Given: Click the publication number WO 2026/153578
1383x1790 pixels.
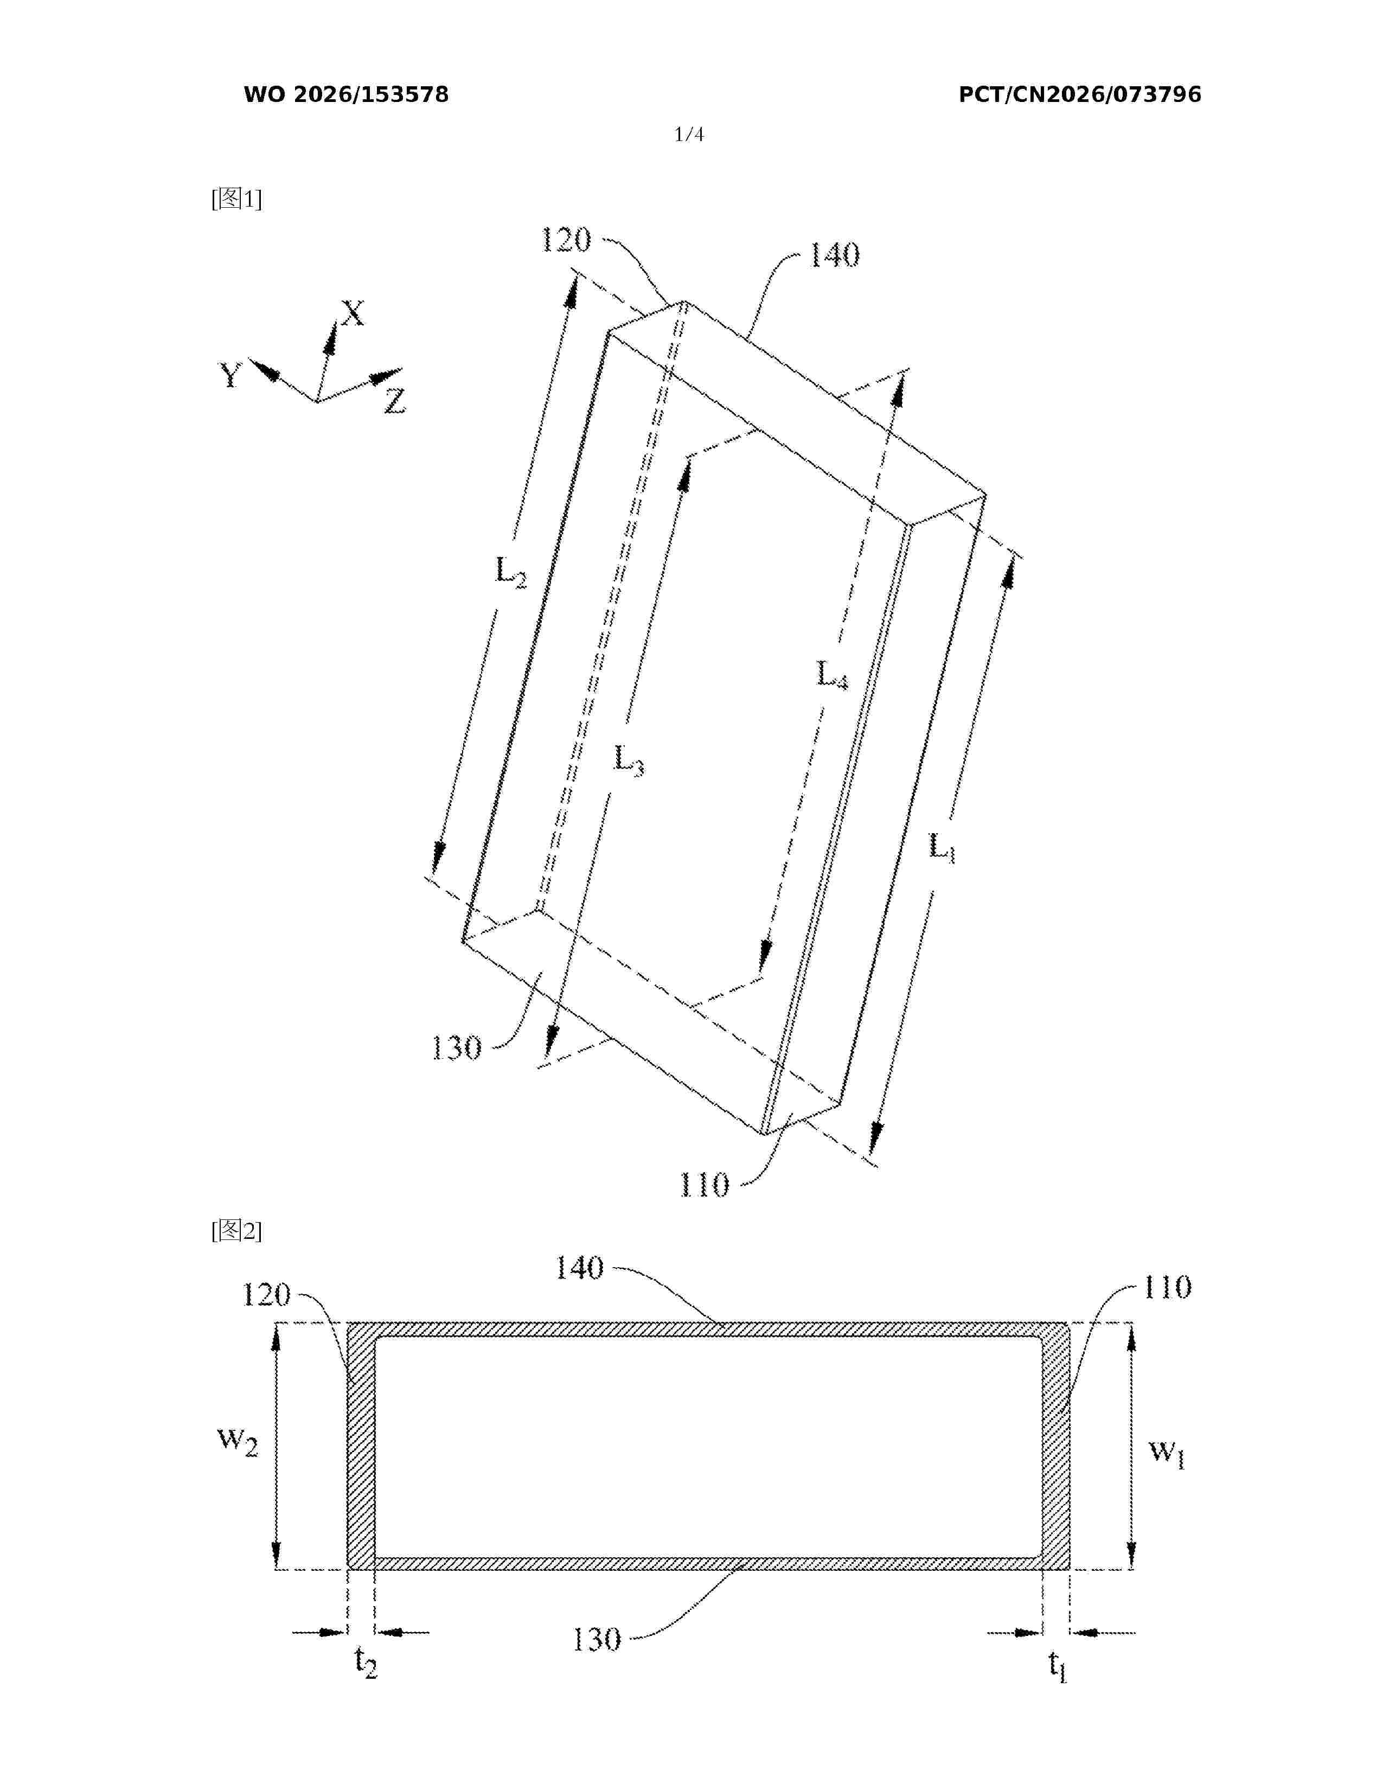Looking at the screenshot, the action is click(x=346, y=95).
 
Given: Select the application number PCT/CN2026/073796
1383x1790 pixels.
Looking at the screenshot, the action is click(x=1080, y=95).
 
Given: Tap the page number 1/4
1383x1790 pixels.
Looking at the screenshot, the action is click(x=688, y=135).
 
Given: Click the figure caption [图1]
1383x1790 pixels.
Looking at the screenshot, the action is click(x=237, y=199).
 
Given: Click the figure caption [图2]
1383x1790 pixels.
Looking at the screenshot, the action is click(x=237, y=1230).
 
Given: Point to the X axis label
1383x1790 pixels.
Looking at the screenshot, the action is click(x=353, y=312).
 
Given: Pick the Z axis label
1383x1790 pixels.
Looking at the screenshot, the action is click(x=395, y=401).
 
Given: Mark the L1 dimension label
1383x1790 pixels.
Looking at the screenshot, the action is click(x=942, y=847).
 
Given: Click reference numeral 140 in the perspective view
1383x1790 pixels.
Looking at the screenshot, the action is click(x=835, y=255).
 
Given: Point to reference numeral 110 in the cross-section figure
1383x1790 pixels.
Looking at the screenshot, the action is click(x=1167, y=1288).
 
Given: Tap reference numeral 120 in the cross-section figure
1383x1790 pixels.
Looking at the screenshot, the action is click(x=266, y=1295).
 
